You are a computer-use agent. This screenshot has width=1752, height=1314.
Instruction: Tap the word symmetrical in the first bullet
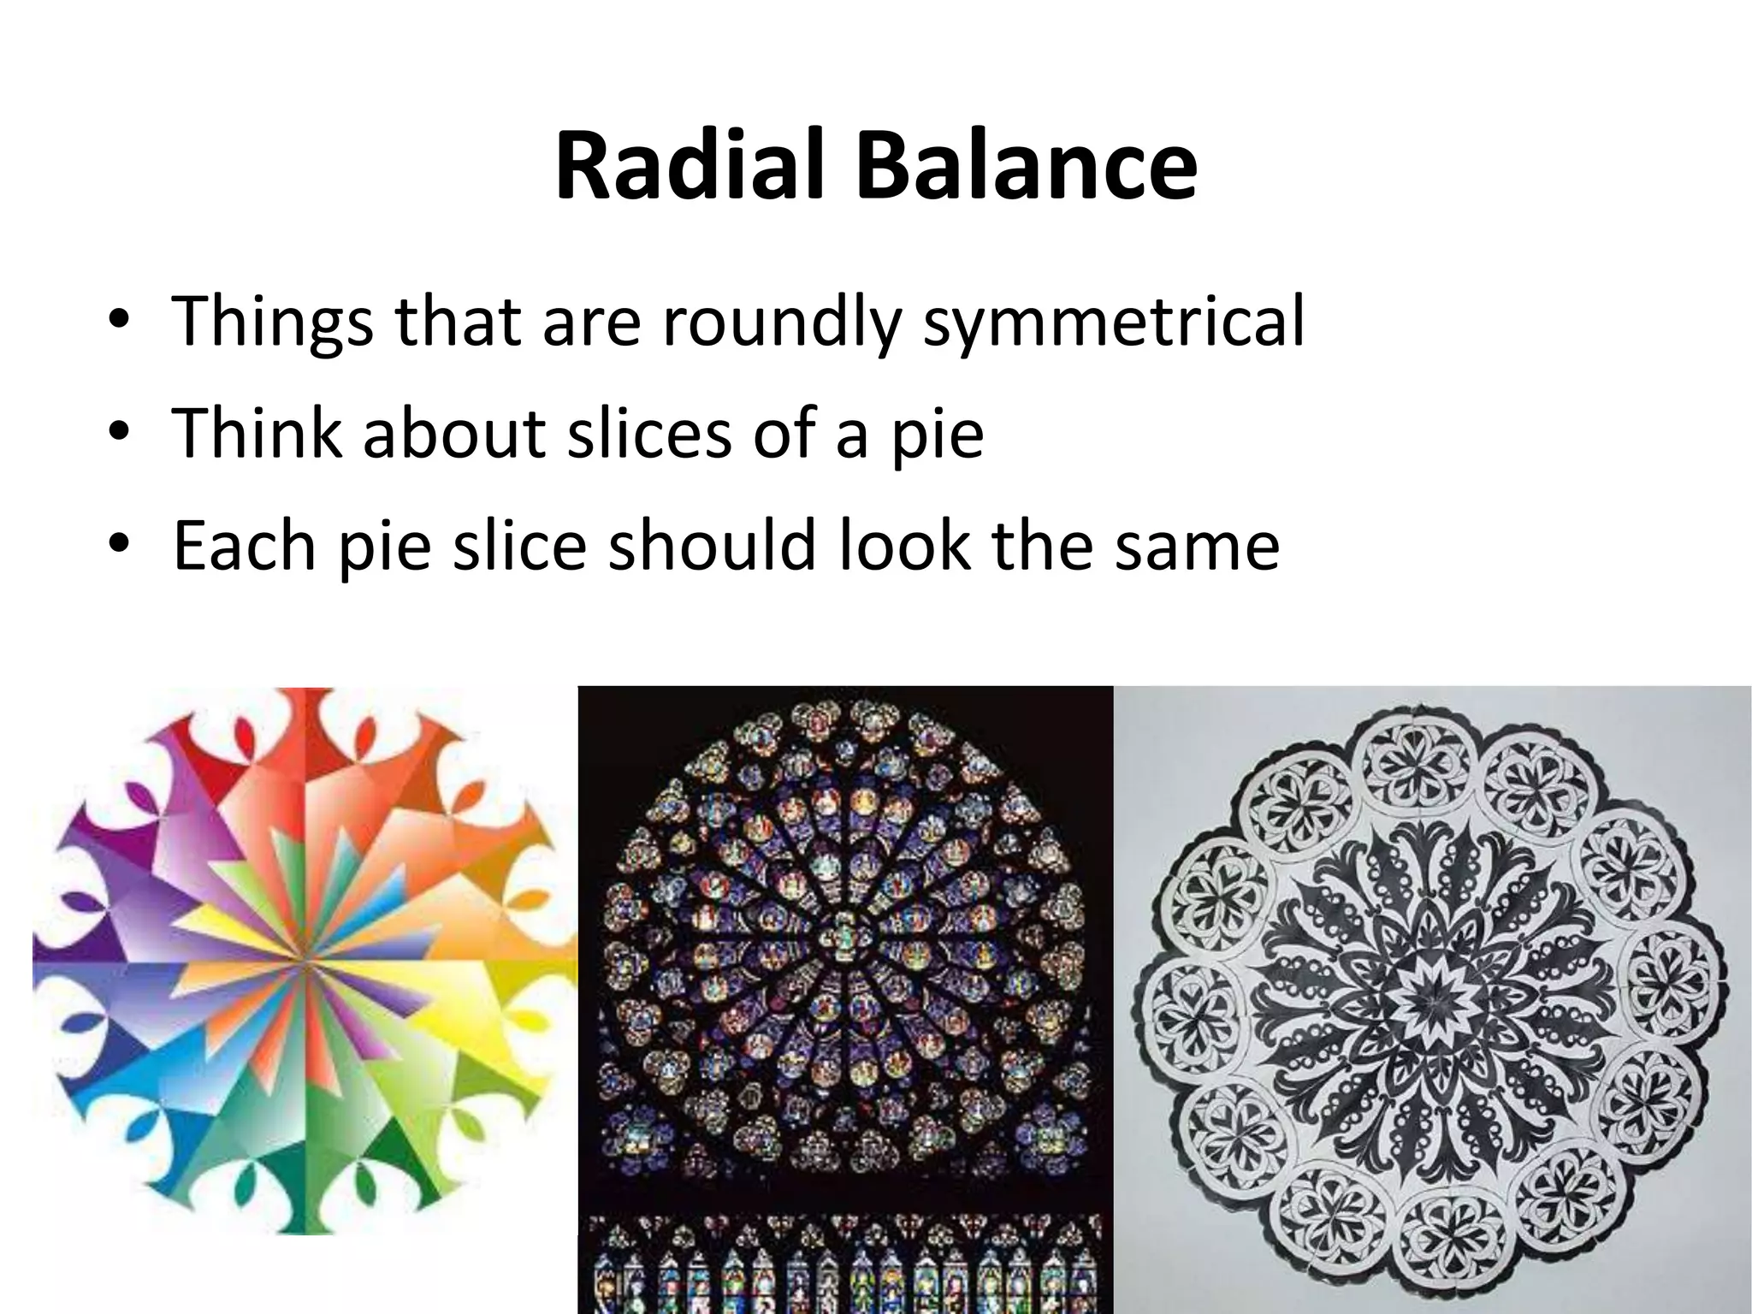tap(1114, 323)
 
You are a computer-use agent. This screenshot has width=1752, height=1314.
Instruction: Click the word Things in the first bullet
tap(273, 323)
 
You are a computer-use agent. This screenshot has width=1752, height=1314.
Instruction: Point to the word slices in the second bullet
tap(649, 434)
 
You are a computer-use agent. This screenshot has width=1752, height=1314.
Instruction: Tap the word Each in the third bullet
tap(244, 545)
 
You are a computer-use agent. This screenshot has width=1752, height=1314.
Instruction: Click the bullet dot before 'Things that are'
tap(119, 323)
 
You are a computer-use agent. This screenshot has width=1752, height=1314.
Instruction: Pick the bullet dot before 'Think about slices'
tap(119, 433)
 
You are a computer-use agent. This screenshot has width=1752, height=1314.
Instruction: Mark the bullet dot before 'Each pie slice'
tap(119, 545)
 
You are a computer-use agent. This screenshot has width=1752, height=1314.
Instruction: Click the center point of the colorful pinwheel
tap(305, 961)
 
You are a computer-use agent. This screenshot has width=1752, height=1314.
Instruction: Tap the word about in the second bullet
tap(454, 434)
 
